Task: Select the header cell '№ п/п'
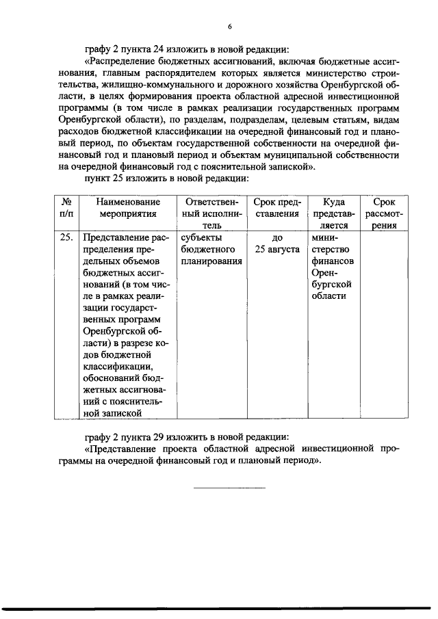click(68, 207)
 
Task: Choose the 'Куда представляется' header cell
click(333, 213)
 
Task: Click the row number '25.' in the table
click(66, 237)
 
